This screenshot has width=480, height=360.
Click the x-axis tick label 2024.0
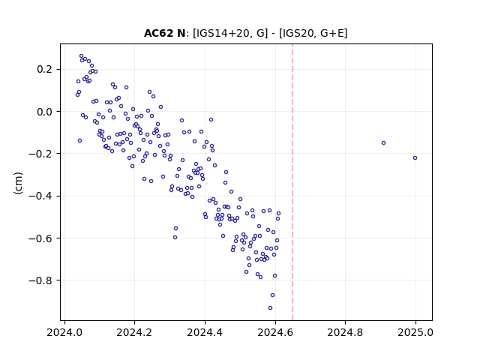[x=64, y=332]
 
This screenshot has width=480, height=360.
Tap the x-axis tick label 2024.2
[x=134, y=332]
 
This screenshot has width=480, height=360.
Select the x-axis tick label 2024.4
[x=205, y=332]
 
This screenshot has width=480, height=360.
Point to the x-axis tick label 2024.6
[x=275, y=332]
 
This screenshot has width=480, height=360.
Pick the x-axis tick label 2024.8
[x=345, y=332]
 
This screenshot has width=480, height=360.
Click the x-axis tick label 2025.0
[x=415, y=332]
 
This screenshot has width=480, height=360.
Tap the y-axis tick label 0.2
[x=44, y=70]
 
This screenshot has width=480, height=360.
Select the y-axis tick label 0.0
[x=44, y=112]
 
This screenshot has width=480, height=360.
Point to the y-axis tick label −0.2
[x=40, y=154]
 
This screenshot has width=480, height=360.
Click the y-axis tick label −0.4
[x=40, y=196]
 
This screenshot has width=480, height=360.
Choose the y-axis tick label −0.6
[x=40, y=238]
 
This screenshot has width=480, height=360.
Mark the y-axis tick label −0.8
[x=40, y=280]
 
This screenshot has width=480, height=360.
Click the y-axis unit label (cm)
[x=18, y=183]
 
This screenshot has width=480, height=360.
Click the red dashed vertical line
[x=292, y=182]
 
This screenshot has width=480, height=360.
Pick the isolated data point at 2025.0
[x=415, y=158]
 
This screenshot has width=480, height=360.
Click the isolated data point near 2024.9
[x=383, y=143]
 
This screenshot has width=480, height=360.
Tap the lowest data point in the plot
[x=270, y=308]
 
